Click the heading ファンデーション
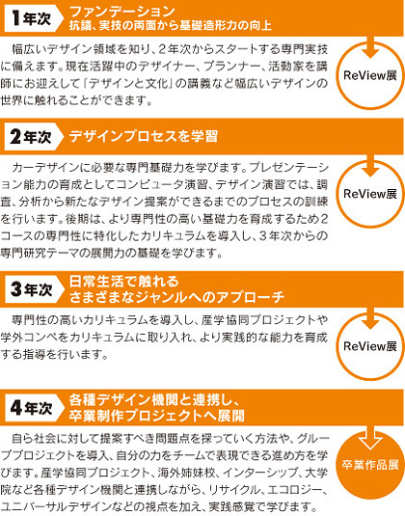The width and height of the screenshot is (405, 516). coord(121,12)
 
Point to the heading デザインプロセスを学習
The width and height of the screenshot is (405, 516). coord(144,137)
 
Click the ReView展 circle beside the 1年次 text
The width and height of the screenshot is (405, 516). coord(370,75)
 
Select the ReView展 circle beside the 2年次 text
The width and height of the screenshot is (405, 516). coord(370,194)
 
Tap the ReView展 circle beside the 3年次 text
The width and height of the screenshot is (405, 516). coord(370,346)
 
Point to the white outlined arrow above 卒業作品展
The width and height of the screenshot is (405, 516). coord(370,438)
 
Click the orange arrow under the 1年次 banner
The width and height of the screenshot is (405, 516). coord(370,46)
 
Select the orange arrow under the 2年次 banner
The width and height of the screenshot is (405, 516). coord(370,166)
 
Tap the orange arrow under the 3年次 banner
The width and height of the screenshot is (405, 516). coord(370,318)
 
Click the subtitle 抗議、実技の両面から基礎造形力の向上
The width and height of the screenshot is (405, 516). coord(171,26)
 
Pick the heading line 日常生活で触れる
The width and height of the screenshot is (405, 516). coord(124,282)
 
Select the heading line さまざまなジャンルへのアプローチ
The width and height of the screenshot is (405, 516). coord(177,297)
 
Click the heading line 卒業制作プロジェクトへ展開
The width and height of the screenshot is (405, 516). coord(157,416)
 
